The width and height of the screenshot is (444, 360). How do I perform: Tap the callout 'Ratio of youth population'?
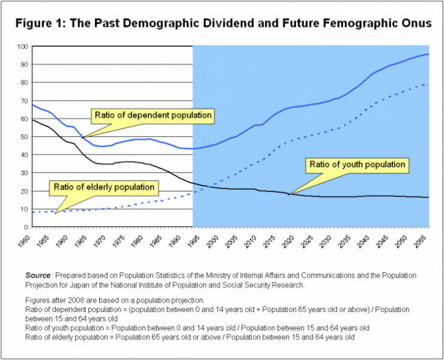click(x=357, y=164)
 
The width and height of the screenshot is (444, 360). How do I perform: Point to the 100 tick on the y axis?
click(x=22, y=46)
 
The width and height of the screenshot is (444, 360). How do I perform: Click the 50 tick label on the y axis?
click(x=23, y=137)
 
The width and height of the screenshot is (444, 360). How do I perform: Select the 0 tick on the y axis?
click(x=26, y=227)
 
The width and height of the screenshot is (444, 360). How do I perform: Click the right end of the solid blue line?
click(x=428, y=54)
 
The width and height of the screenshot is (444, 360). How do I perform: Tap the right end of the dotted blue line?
click(x=425, y=84)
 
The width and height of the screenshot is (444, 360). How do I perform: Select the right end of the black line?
click(x=428, y=197)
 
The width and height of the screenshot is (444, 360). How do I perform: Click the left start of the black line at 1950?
click(x=32, y=120)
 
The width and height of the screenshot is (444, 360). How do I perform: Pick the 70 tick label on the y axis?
click(x=23, y=100)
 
